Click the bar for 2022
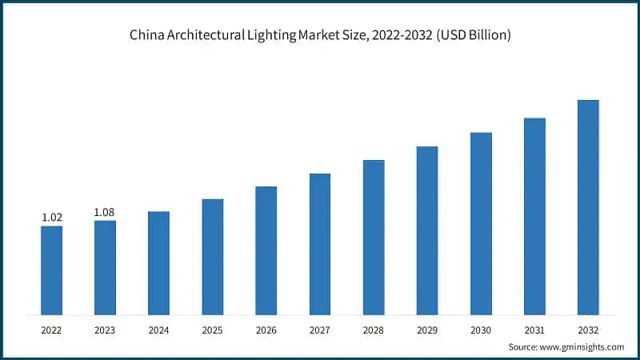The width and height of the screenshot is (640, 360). click(51, 270)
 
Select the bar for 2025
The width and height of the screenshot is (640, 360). click(213, 256)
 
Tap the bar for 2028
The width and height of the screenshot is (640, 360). click(374, 237)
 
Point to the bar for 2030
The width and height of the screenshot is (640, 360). click(481, 223)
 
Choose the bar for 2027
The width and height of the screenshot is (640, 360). click(320, 243)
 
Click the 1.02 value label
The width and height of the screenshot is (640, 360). click(51, 217)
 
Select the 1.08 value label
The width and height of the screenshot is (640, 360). click(105, 212)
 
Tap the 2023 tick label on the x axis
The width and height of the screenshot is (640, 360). click(105, 328)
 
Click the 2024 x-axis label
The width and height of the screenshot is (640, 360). click(158, 328)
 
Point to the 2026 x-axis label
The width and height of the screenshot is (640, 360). click(266, 328)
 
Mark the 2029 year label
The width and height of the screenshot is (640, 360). click(427, 328)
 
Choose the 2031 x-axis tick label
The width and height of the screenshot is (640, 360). click(534, 328)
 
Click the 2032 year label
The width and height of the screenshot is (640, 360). click(588, 328)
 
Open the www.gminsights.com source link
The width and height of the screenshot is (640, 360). click(583, 346)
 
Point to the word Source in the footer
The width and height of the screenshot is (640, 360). click(524, 346)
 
